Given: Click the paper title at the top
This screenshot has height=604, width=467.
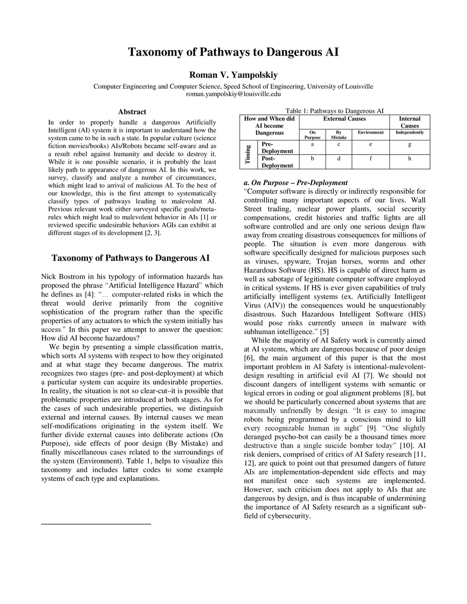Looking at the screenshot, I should pyautogui.click(x=233, y=52).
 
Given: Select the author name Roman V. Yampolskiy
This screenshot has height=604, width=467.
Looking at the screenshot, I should pyautogui.click(x=233, y=75).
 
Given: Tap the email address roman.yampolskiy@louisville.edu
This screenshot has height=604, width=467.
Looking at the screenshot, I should pyautogui.click(x=233, y=94).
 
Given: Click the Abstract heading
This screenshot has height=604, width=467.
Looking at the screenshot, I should pyautogui.click(x=132, y=112).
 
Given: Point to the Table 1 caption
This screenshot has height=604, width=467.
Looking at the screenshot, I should pyautogui.click(x=334, y=111).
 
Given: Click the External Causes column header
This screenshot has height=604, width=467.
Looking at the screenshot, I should pyautogui.click(x=344, y=119).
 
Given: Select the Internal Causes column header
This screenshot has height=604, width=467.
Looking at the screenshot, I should pyautogui.click(x=410, y=122).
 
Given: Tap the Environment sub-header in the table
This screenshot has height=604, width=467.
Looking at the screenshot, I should pyautogui.click(x=370, y=132).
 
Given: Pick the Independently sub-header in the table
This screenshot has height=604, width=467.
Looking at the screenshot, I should pyautogui.click(x=410, y=132).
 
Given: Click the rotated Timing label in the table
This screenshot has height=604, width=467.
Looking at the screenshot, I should pyautogui.click(x=248, y=154).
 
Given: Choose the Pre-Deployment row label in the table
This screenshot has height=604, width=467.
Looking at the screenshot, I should pyautogui.click(x=277, y=147).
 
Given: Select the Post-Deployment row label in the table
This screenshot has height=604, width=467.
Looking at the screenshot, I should pyautogui.click(x=277, y=162).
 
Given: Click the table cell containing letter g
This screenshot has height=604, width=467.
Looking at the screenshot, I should pyautogui.click(x=410, y=144).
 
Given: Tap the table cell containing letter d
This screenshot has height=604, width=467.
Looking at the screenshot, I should pyautogui.click(x=338, y=159).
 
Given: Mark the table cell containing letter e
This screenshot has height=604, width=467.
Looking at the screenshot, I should pyautogui.click(x=370, y=144).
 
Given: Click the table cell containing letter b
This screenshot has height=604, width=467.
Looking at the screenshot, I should pyautogui.click(x=312, y=159).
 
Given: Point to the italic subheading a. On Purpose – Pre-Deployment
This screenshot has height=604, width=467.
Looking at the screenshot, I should pyautogui.click(x=296, y=183).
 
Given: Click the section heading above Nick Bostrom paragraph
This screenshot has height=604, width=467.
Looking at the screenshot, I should pyautogui.click(x=131, y=258).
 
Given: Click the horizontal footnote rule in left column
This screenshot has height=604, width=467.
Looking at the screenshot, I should pyautogui.click(x=96, y=524).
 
